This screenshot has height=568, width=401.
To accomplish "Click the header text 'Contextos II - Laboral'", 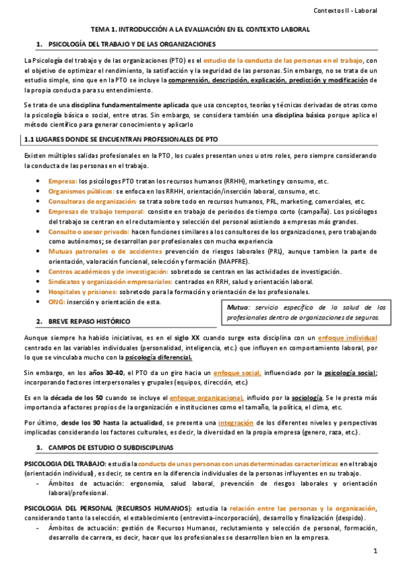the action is tap(355, 10).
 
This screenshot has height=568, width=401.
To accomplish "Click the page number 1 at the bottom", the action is tap(376, 551).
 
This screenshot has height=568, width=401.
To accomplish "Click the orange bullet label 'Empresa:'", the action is tap(62, 182).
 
